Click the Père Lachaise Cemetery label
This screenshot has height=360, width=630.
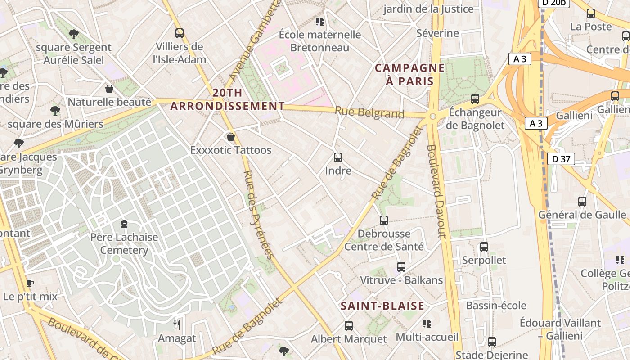point(125,243)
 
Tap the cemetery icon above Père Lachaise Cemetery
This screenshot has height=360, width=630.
point(124,224)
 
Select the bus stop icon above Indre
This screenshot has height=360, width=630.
point(338,157)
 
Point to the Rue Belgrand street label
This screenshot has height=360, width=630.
point(369,112)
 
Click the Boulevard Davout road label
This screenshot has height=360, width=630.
point(436,191)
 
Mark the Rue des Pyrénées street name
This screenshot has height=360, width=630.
point(258,215)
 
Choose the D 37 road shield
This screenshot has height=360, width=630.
point(561,158)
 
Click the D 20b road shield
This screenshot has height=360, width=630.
point(554,3)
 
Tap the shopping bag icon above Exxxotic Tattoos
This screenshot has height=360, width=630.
point(231,136)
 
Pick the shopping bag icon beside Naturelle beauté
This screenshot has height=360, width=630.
point(109,89)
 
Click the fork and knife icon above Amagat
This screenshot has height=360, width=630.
point(177,324)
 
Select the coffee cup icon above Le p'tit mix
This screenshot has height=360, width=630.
point(30,283)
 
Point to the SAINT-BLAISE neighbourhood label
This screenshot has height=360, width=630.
point(382,306)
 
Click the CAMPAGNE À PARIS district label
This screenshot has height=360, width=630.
point(409,75)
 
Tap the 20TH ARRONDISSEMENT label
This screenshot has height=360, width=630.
point(227,99)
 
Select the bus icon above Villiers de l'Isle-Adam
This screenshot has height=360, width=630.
point(180,33)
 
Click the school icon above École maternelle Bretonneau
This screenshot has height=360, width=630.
point(320,21)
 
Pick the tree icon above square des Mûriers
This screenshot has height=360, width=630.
point(55,110)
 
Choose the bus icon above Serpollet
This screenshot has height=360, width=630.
point(484,247)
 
